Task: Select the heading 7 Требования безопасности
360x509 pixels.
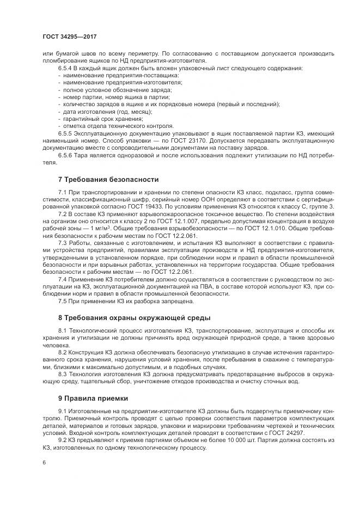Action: pos(108,179)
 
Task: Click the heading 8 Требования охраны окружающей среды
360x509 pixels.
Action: pos(133,317)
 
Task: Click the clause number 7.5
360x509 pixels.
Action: pos(63,301)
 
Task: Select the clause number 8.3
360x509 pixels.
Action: pos(63,374)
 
